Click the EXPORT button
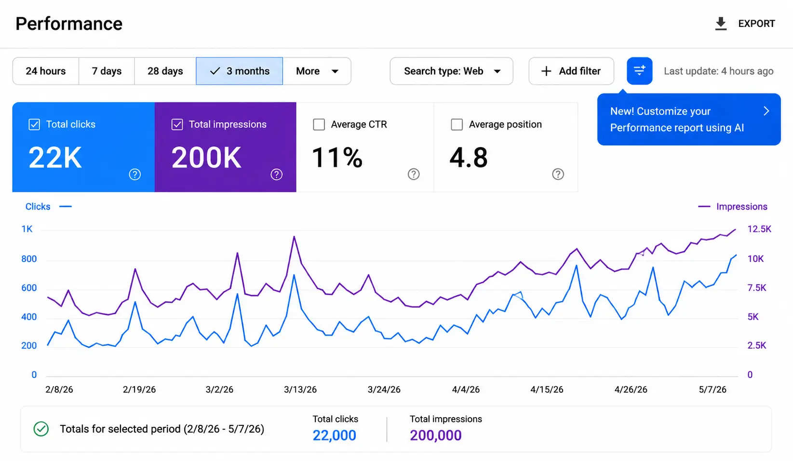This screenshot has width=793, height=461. coord(745,23)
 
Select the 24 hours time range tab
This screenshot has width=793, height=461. coord(46,71)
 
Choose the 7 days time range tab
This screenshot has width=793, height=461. coord(107,71)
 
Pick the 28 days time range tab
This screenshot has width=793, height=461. coord(165,71)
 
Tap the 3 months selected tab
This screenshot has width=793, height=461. coord(239,71)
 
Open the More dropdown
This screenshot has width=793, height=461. coord(317,71)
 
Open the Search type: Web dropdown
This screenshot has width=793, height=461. coord(451,71)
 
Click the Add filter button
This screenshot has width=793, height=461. coord(571,71)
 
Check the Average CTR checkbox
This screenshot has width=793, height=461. coord(319,124)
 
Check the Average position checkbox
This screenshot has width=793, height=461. coord(457,124)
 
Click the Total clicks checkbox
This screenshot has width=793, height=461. coord(34,124)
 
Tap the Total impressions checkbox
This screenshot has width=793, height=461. coord(177,124)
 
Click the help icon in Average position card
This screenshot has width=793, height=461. coord(558,174)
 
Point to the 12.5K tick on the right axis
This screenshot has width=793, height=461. coord(759,229)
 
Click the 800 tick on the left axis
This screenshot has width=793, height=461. coord(29,259)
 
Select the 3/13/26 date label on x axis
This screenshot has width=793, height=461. coord(300,390)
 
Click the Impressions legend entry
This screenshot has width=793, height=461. coord(732,206)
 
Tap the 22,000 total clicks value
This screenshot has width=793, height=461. coord(334,435)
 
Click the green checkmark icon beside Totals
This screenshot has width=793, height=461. coord(41,429)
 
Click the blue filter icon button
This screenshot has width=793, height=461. coord(639,71)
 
